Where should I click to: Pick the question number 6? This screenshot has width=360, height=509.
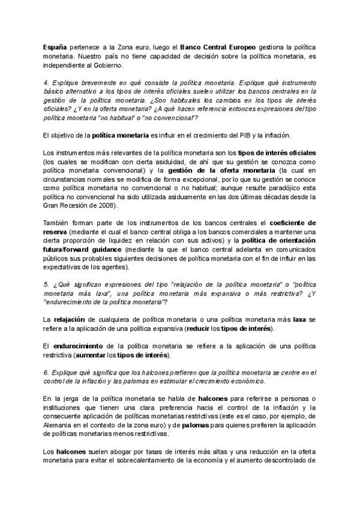[x=46, y=372]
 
